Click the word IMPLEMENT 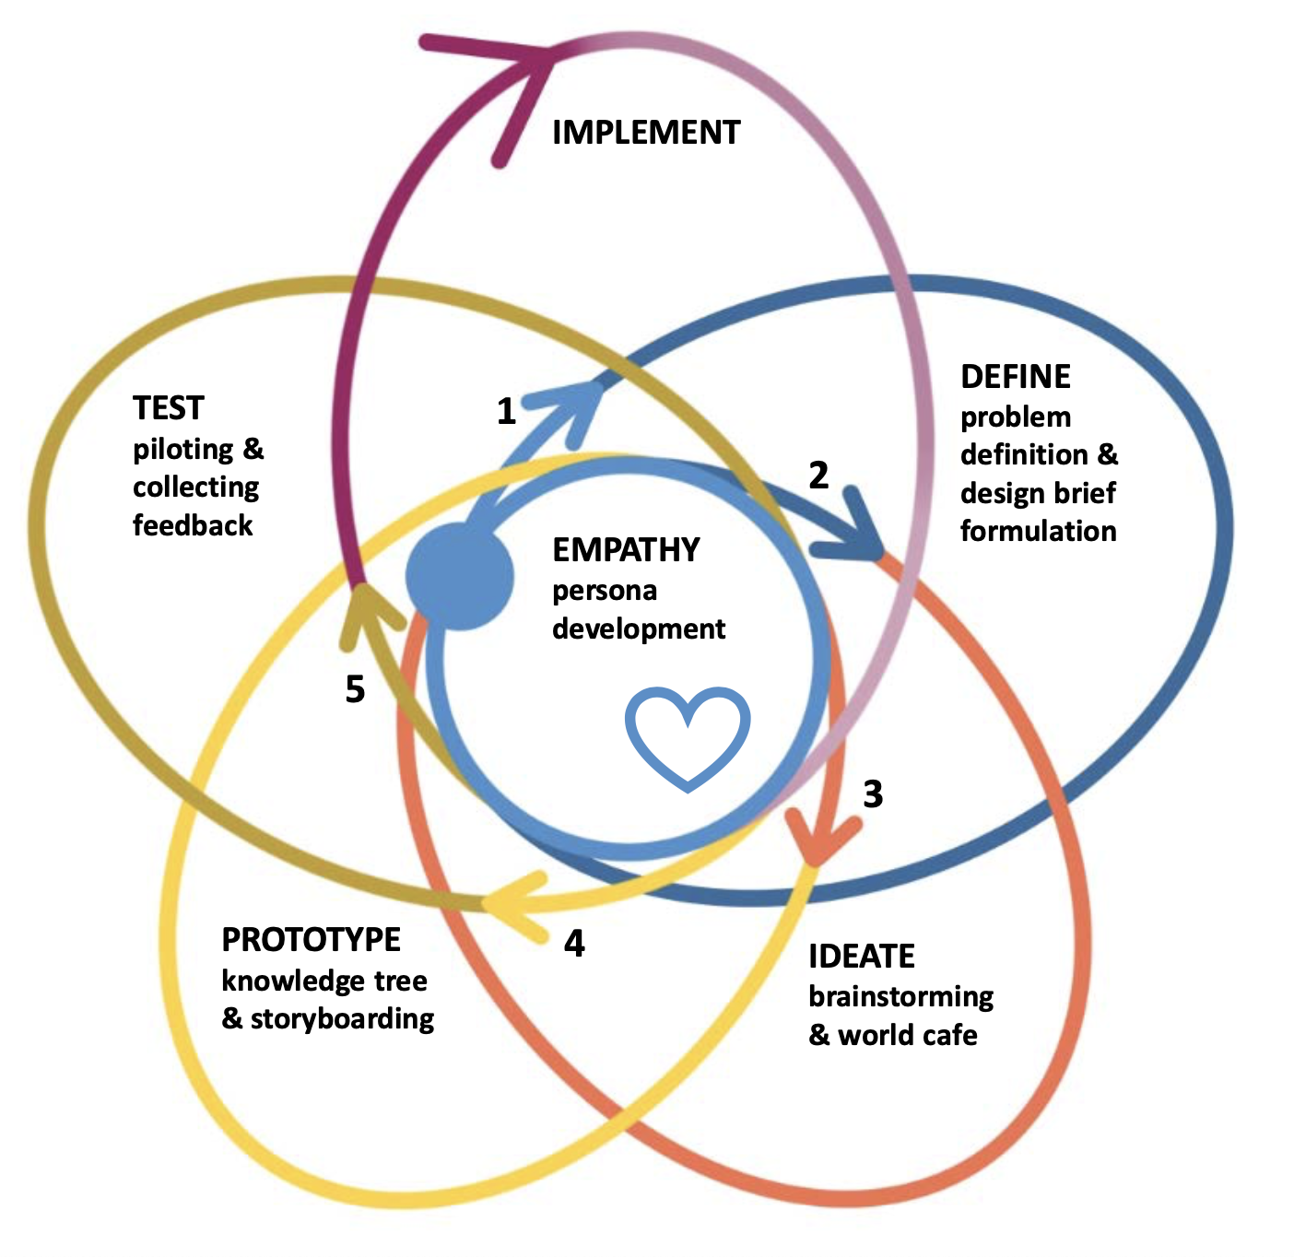click(645, 133)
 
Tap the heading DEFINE click(1015, 377)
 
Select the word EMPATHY click(626, 550)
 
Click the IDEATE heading click(861, 957)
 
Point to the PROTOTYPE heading click(311, 940)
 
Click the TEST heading click(168, 408)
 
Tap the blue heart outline click(688, 738)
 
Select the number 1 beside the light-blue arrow click(506, 411)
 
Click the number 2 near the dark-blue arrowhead click(818, 476)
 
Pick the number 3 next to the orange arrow click(873, 793)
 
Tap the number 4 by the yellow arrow click(574, 944)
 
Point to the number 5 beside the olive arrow click(355, 689)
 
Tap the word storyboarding click(342, 1019)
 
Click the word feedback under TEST click(193, 525)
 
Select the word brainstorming click(900, 997)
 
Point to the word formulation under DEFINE click(1038, 531)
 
